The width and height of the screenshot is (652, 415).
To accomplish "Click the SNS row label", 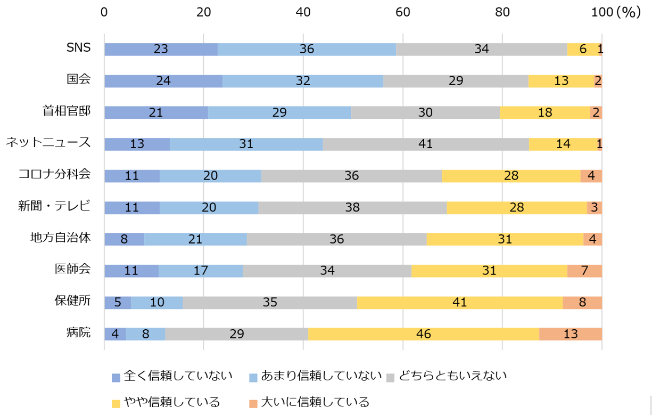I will [78, 47].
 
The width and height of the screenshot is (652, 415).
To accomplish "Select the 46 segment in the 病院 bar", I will [424, 334].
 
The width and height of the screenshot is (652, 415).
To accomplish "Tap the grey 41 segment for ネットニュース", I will [425, 144].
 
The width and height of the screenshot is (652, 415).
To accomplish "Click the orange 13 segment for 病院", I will [570, 334].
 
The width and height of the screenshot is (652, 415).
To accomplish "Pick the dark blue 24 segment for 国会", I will [163, 81].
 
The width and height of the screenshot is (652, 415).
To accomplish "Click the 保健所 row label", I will [72, 300].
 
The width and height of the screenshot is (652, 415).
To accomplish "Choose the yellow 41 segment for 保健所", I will [460, 303].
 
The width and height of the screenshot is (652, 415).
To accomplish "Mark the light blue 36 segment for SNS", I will [307, 49].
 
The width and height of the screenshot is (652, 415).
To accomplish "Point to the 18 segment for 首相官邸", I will [545, 112].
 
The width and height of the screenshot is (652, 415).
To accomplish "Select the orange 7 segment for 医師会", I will [584, 271].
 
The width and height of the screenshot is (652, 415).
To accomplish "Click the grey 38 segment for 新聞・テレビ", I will [352, 208].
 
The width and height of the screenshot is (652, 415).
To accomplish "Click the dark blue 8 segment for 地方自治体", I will [124, 239].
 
